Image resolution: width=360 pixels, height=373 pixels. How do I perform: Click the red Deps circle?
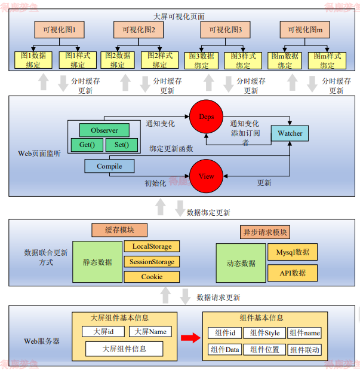point(206,117)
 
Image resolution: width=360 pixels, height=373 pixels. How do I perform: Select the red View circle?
point(206,176)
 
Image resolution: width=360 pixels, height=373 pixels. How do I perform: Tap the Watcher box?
point(290,133)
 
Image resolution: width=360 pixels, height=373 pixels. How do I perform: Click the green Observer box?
point(104,130)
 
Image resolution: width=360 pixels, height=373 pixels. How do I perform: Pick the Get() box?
point(87,145)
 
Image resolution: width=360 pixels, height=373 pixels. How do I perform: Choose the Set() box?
point(122,145)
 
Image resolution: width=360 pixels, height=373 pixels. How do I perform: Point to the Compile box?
point(109,166)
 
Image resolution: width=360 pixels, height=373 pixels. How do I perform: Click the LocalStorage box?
point(152,246)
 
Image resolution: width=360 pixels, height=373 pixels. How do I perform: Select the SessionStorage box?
point(152,262)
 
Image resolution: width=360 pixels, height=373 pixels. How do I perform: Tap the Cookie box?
point(152,277)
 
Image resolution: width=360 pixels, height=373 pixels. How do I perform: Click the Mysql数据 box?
point(292,252)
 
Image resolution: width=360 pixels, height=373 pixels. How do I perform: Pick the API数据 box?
point(292,273)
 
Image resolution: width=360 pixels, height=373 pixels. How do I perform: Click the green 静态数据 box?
point(97,262)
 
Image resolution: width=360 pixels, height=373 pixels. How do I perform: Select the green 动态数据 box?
point(241,262)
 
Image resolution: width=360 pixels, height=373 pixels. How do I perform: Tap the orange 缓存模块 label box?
point(120,230)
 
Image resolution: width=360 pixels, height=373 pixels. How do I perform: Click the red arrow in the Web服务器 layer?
point(190,338)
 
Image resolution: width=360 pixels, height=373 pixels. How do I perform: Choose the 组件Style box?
point(264,333)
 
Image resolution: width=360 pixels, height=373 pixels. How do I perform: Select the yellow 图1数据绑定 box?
point(34,60)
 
